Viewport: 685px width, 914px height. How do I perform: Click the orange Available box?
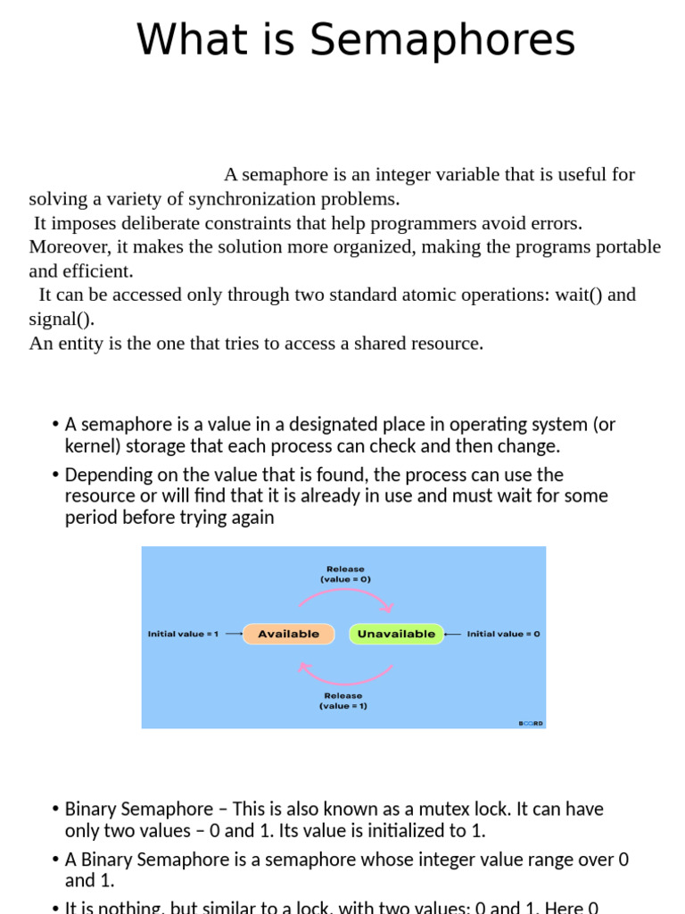tap(288, 634)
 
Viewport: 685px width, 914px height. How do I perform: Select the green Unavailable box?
tap(396, 634)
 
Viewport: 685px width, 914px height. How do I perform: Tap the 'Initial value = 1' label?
tap(183, 634)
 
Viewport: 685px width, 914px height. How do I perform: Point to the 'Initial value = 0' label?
tap(503, 634)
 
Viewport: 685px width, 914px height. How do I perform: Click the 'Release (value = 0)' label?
tap(345, 574)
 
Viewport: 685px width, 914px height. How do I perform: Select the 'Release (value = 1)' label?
tap(343, 701)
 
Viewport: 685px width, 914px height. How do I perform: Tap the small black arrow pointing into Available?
tap(233, 634)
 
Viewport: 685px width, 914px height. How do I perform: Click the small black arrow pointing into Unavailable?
tap(452, 634)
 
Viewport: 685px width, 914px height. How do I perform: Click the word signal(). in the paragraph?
tap(62, 319)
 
